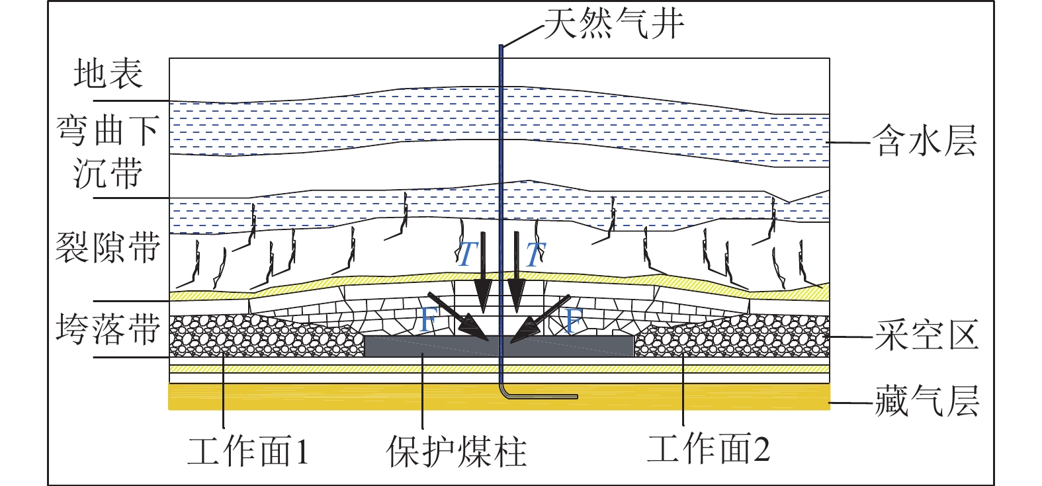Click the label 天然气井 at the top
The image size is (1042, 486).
pyautogui.click(x=613, y=24)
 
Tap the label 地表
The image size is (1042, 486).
pyautogui.click(x=108, y=73)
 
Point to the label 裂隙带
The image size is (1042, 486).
pyautogui.click(x=107, y=248)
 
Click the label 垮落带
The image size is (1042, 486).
pyautogui.click(x=108, y=329)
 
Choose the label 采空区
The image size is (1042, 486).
pyautogui.click(x=926, y=335)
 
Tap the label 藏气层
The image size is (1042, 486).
pyautogui.click(x=926, y=401)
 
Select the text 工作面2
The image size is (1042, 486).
pyautogui.click(x=708, y=450)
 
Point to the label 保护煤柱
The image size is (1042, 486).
pyautogui.click(x=456, y=452)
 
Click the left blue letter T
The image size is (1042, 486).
pyautogui.click(x=467, y=255)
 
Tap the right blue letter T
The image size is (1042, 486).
pyautogui.click(x=535, y=255)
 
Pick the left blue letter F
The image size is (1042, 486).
pyautogui.click(x=429, y=320)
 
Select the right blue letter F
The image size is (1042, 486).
pyautogui.click(x=573, y=320)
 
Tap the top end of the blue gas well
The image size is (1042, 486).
pyautogui.click(x=501, y=46)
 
